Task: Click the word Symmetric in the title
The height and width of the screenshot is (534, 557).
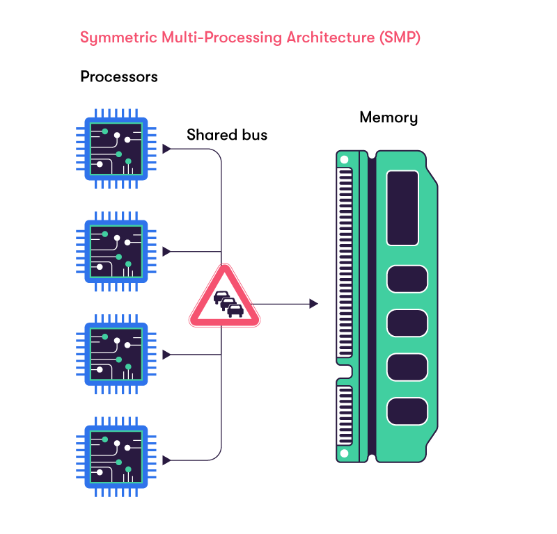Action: pos(113,38)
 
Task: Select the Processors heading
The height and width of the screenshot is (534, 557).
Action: pos(119,76)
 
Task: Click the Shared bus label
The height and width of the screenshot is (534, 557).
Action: pos(227,135)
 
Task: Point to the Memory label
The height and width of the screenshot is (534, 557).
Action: pos(389,118)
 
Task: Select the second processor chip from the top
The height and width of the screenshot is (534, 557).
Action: pos(116,251)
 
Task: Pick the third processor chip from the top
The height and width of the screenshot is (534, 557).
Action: pos(116,355)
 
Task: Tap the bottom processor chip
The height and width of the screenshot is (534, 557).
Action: pos(116,458)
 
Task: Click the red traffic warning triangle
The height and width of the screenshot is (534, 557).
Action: pos(225,299)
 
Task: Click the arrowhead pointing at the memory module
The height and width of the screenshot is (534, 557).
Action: pos(314,304)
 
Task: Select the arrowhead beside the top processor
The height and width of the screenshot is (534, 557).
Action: pos(166,149)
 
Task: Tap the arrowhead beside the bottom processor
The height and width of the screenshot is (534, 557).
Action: pos(166,460)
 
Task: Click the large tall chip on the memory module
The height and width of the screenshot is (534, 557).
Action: pos(402,208)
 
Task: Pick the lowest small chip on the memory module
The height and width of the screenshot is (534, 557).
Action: pos(407,411)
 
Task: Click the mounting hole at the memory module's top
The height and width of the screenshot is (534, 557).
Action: pos(343,160)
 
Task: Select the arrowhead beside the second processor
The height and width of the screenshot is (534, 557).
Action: pos(166,252)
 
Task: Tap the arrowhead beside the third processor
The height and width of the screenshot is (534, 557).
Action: pos(166,355)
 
